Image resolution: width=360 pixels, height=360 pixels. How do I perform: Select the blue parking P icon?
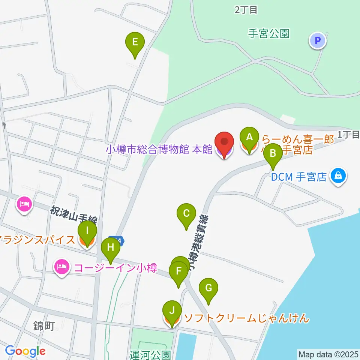318,41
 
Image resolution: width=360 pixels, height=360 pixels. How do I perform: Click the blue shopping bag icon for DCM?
338,175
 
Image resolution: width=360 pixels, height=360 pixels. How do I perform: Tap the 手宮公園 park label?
269,34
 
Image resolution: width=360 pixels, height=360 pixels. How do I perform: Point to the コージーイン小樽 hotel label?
115,268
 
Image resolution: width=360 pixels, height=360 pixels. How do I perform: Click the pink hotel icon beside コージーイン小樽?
61,267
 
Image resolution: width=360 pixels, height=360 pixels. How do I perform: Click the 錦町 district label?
44,325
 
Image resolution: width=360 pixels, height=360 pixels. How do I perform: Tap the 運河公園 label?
150,354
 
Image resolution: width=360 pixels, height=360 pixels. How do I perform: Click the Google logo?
25,351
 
